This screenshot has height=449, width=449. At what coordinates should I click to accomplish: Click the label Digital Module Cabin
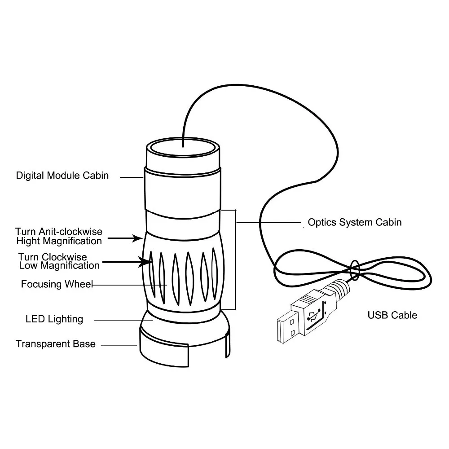point(62,175)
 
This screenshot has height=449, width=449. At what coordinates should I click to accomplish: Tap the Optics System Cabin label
point(354,222)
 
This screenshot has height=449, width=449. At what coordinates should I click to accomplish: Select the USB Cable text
point(392,315)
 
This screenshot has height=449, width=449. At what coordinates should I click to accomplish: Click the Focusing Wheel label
point(57,284)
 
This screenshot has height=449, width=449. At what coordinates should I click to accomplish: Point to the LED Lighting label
point(54,319)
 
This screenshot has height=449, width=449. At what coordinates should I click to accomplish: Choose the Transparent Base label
point(56,344)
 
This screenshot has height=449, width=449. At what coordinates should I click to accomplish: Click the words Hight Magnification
point(59,241)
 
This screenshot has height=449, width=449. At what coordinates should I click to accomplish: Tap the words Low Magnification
point(59,265)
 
